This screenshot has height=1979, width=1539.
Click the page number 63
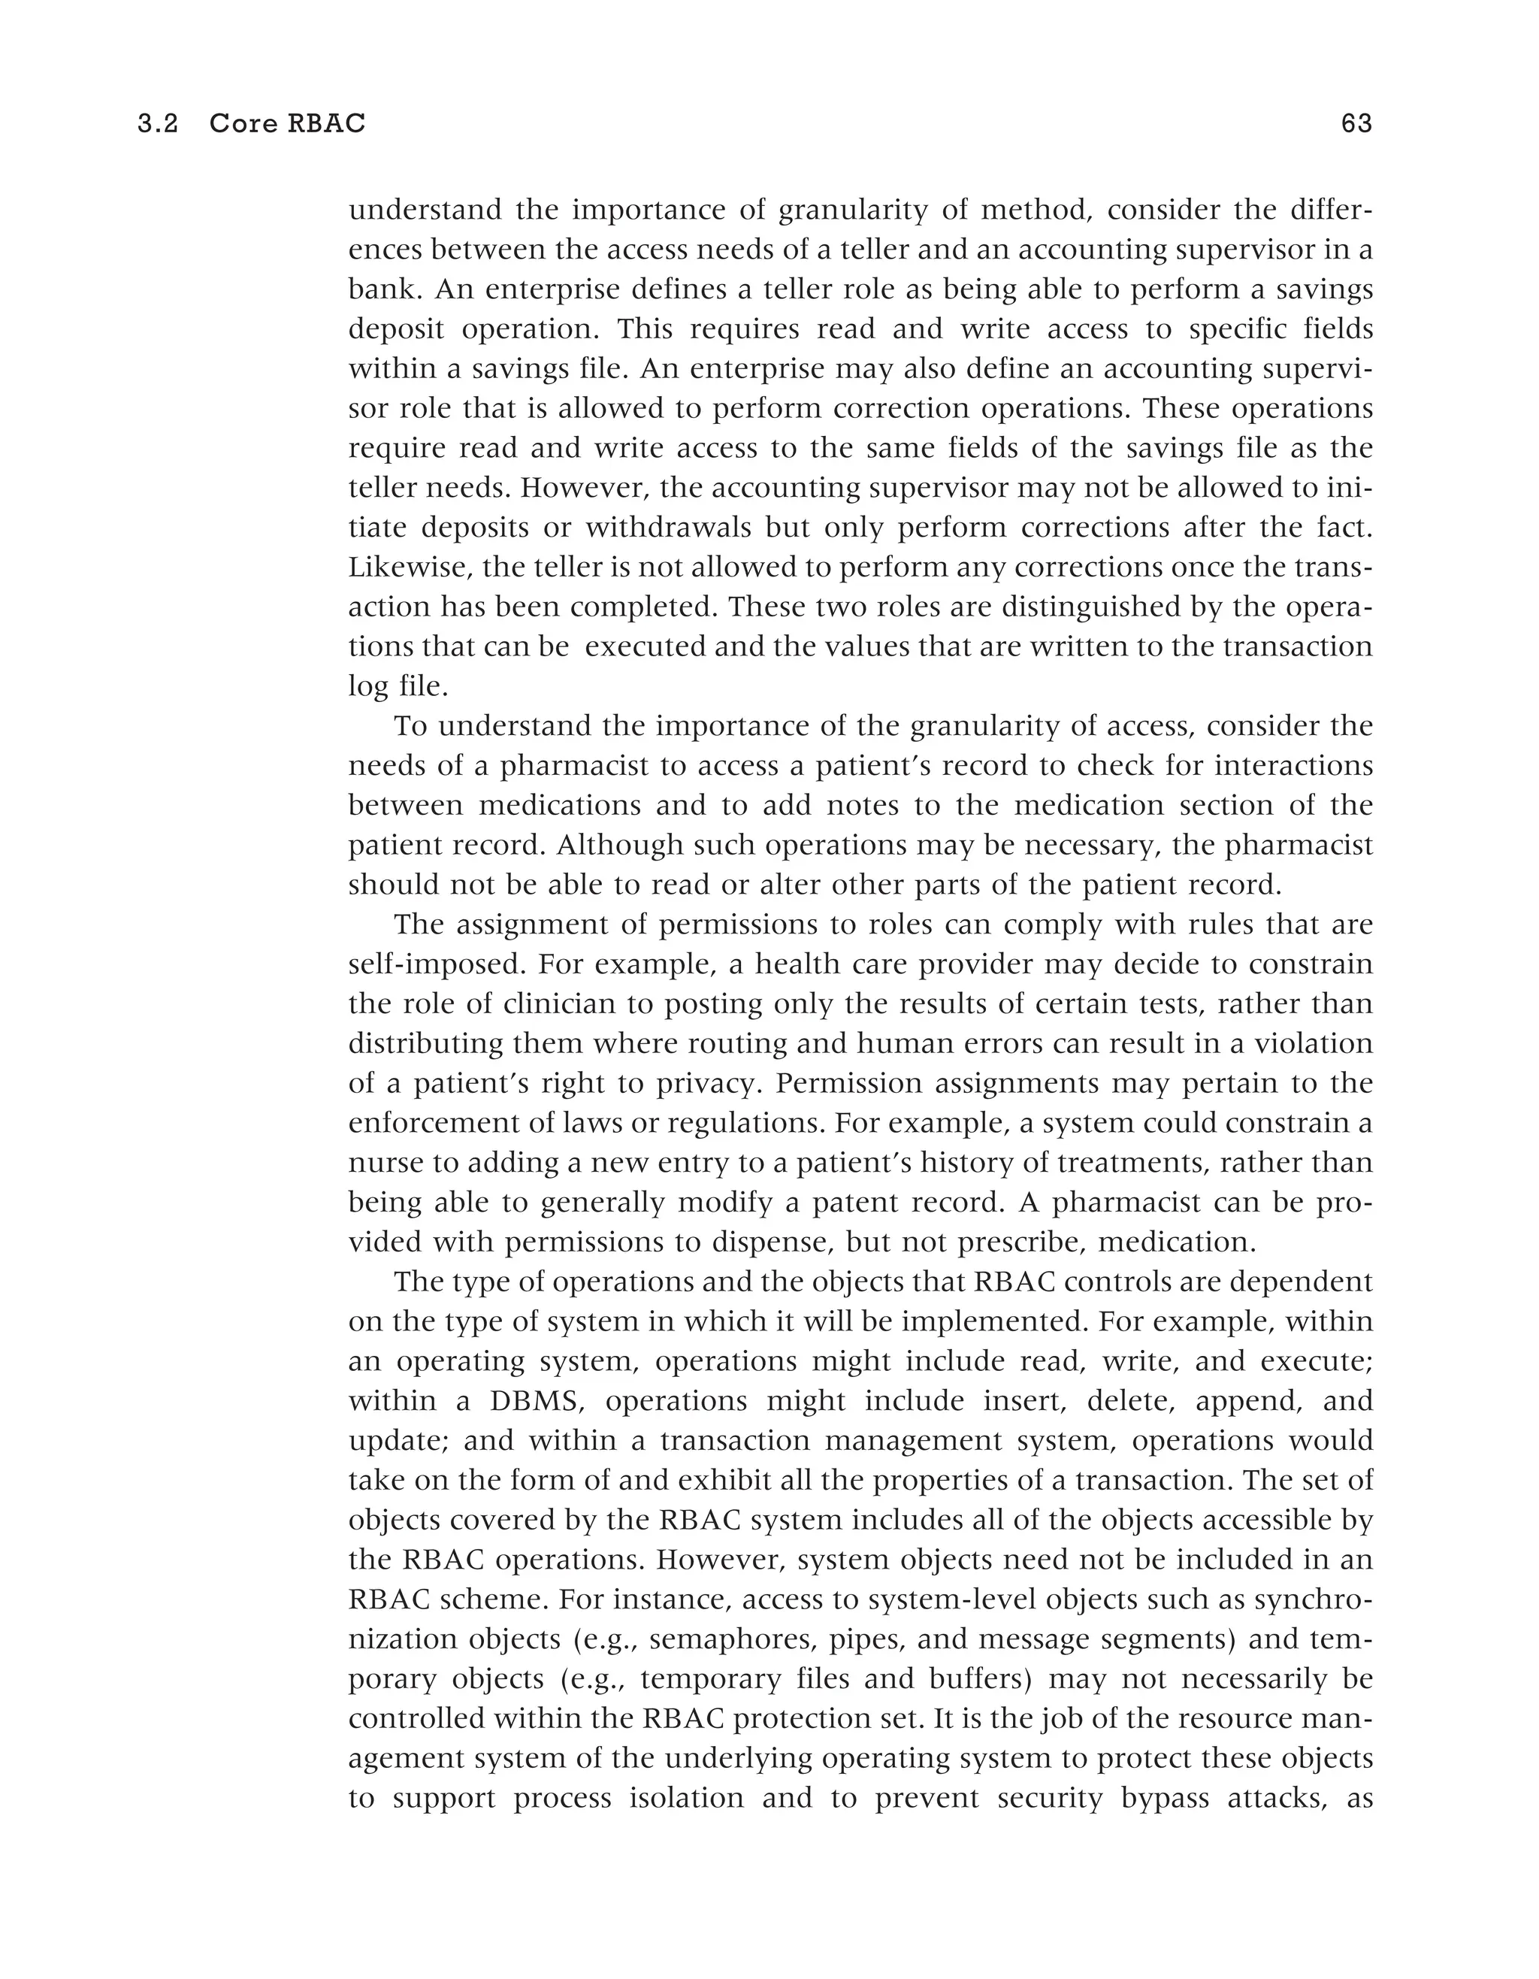point(1356,124)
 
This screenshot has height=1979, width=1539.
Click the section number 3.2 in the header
point(158,124)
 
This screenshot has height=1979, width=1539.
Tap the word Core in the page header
point(243,124)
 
